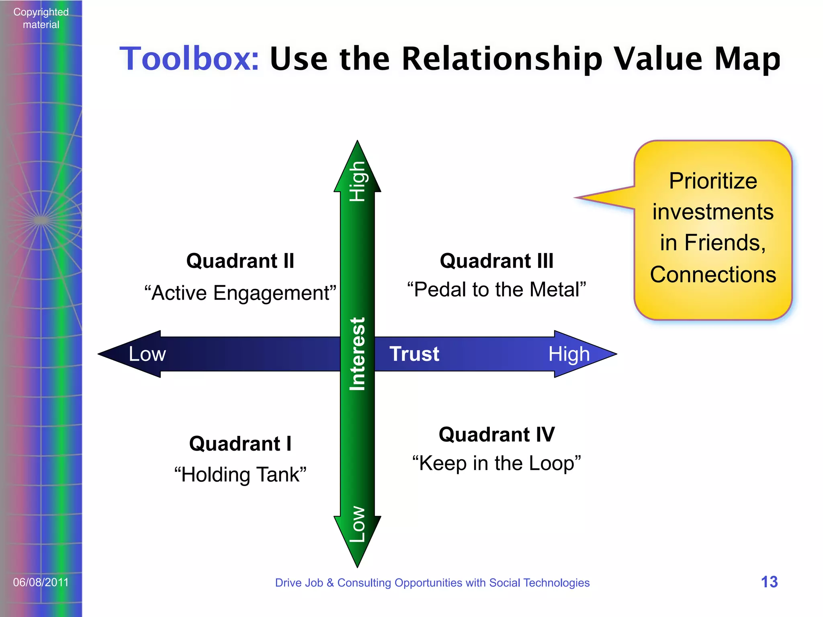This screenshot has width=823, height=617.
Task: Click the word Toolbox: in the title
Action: [189, 59]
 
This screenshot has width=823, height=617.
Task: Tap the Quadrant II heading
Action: [240, 261]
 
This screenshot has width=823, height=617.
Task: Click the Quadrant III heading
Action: [497, 261]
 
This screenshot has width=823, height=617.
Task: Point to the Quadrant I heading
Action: [240, 444]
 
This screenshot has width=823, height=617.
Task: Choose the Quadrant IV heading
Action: [497, 435]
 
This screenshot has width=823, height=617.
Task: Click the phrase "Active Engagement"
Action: [240, 293]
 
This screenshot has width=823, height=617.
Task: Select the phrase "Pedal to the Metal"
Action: [497, 290]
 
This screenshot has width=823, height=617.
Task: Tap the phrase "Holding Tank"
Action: [240, 475]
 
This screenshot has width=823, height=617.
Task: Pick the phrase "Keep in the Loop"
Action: [497, 464]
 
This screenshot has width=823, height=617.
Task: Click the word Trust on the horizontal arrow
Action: [414, 354]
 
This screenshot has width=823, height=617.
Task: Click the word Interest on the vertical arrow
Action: [357, 354]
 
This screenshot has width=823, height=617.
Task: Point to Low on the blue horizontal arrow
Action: [147, 354]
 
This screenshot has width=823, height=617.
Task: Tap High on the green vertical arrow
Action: [357, 181]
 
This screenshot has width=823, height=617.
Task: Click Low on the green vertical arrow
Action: [357, 524]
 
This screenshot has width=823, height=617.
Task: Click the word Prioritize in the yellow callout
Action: [713, 181]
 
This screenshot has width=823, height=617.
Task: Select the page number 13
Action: [769, 582]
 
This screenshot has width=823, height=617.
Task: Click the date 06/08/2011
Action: [41, 582]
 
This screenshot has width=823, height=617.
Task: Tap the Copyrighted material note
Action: [41, 18]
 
